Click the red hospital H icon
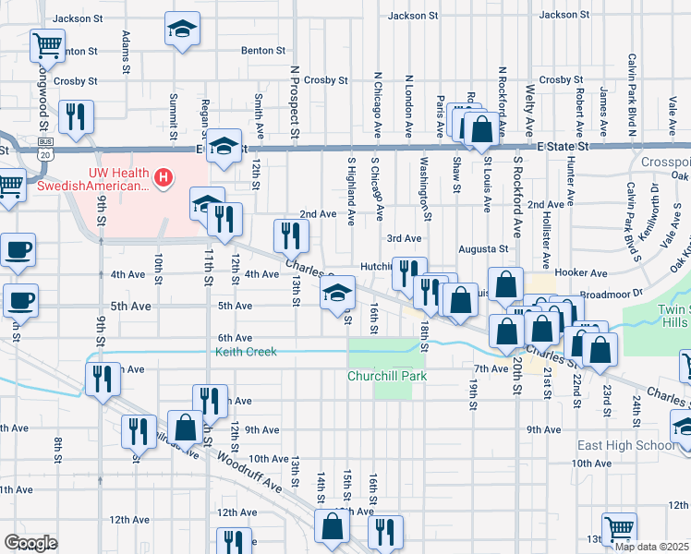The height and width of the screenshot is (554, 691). [x=164, y=175]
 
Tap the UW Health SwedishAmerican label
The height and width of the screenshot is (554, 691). [x=118, y=179]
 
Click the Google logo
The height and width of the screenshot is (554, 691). [x=30, y=543]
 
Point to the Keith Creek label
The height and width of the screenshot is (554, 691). [x=246, y=352]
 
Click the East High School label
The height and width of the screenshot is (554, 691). [x=625, y=445]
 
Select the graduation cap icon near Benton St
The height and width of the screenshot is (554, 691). [x=182, y=29]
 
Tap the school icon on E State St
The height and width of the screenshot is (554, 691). [x=224, y=146]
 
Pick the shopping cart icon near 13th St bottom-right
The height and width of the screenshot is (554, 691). [x=618, y=529]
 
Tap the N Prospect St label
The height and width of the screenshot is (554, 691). [x=294, y=102]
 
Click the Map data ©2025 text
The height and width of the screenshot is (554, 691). [x=652, y=547]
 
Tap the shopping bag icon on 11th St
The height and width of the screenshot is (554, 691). [x=185, y=428]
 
